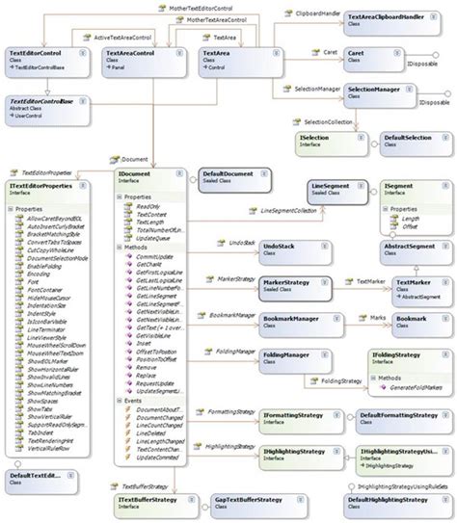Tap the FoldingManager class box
(x=290, y=359)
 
